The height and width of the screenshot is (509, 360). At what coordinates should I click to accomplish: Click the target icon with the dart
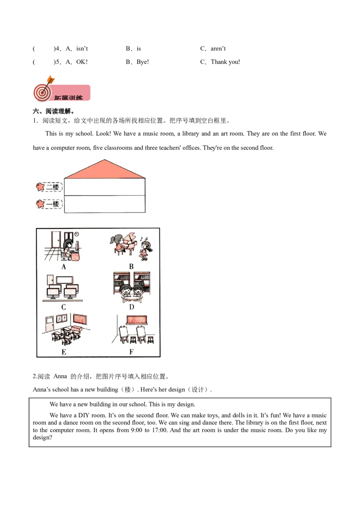[x=41, y=92]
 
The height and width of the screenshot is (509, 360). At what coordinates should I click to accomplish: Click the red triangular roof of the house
[x=105, y=170]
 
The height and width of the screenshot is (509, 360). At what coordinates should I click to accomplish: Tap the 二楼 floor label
[x=53, y=188]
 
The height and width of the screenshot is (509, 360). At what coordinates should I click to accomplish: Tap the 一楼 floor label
[x=53, y=204]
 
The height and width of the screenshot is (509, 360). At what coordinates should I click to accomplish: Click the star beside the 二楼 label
[x=40, y=187]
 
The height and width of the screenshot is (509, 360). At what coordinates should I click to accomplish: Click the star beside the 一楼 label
[x=40, y=204]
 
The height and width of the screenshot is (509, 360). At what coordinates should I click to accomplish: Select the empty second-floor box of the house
[x=105, y=187]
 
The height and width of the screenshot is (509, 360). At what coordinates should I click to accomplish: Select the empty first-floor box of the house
[x=105, y=204]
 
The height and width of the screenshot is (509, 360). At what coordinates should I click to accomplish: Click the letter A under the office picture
[x=64, y=266]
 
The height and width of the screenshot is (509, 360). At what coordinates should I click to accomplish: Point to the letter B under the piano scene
[x=131, y=266]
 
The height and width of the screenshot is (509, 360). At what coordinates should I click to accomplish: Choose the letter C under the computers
[x=64, y=307]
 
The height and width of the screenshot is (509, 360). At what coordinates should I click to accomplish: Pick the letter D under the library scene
[x=131, y=307]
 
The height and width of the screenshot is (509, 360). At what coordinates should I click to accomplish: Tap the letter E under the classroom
[x=64, y=352]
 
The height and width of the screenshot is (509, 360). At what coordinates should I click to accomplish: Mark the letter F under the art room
[x=131, y=352]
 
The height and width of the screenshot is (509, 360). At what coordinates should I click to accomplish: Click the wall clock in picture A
[x=77, y=234]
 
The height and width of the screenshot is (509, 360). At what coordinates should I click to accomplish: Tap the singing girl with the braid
[x=145, y=250]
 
